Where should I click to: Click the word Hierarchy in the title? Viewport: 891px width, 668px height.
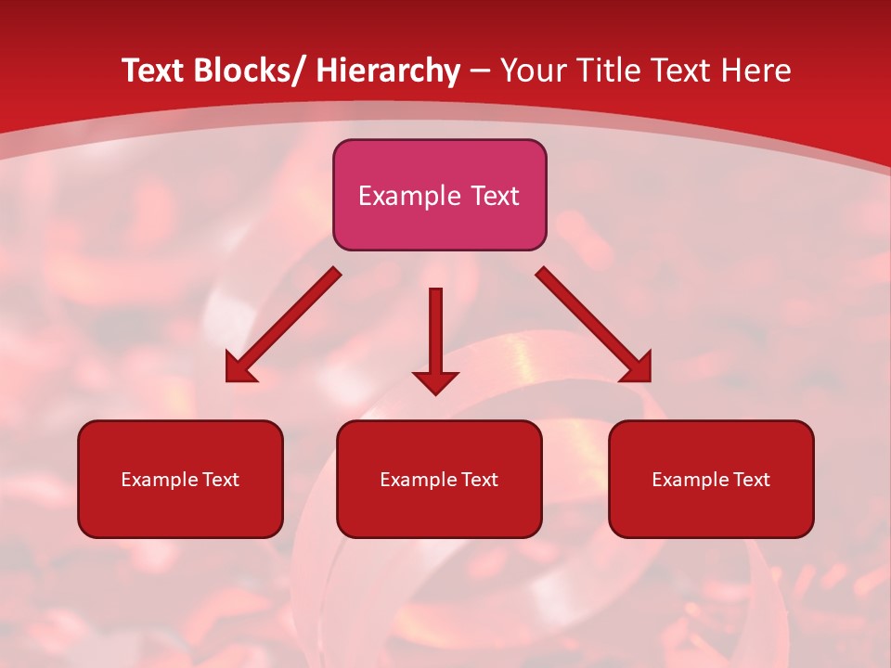pos(388,71)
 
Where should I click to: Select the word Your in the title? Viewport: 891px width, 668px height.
pos(534,71)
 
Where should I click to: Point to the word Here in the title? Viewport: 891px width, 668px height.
pos(756,71)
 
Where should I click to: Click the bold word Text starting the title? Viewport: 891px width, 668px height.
pos(154,71)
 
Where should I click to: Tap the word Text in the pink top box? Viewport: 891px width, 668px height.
pos(493,196)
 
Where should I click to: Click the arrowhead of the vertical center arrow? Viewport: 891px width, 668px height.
pos(435,381)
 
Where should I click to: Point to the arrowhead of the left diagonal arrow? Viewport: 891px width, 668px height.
pos(239,368)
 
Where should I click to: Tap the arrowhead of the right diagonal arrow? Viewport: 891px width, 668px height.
pos(637,367)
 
